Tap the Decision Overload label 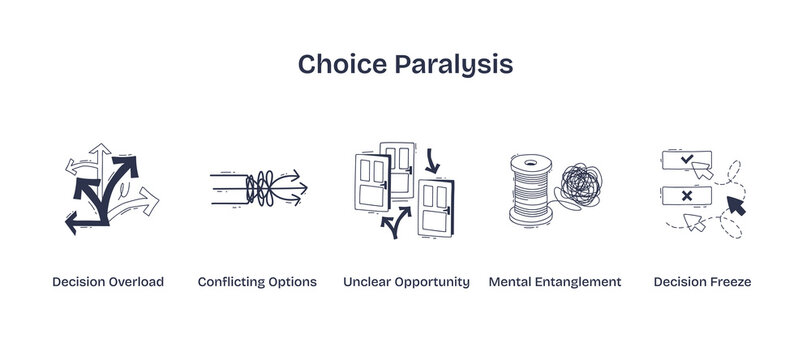108,282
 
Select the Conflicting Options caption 257,282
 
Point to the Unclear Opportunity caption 406,282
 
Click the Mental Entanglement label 555,282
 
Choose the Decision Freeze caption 702,282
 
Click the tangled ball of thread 580,185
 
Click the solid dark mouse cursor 736,206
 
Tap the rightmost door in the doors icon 437,206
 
